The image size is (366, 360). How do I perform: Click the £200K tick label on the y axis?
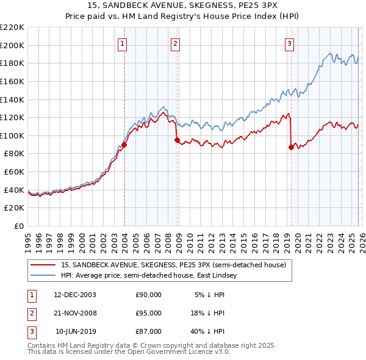coord(12,45)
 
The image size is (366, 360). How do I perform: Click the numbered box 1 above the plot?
coord(123,43)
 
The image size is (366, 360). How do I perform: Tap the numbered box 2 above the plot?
coord(175,43)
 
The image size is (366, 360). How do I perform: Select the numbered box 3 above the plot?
coord(289,43)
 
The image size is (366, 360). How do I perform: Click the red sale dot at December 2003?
coord(124,145)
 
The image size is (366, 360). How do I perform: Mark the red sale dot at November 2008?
coord(178,140)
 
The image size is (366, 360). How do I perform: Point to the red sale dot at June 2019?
coord(291,147)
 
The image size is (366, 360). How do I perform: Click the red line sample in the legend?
coord(43,265)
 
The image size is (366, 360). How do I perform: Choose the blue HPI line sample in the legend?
coord(43,275)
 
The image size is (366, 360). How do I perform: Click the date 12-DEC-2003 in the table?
coord(75,295)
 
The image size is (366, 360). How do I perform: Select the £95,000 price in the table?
coord(148,313)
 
